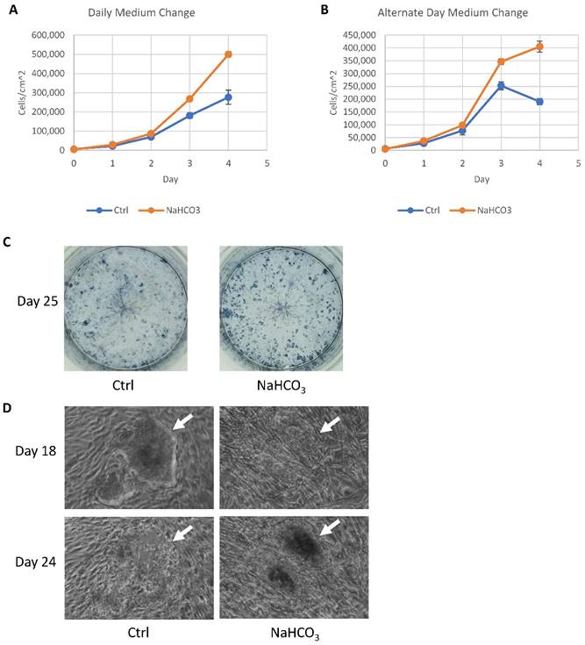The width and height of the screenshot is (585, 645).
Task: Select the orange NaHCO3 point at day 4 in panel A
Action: [x=228, y=54]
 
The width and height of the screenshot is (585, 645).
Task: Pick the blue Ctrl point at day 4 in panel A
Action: [x=228, y=97]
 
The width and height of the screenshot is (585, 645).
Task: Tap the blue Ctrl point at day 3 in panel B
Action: [x=501, y=86]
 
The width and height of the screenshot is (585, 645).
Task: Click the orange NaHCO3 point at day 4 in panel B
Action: [x=539, y=47]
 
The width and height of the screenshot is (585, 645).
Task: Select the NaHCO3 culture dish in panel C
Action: [x=281, y=307]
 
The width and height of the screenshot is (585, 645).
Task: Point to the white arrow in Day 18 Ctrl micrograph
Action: [x=182, y=422]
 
